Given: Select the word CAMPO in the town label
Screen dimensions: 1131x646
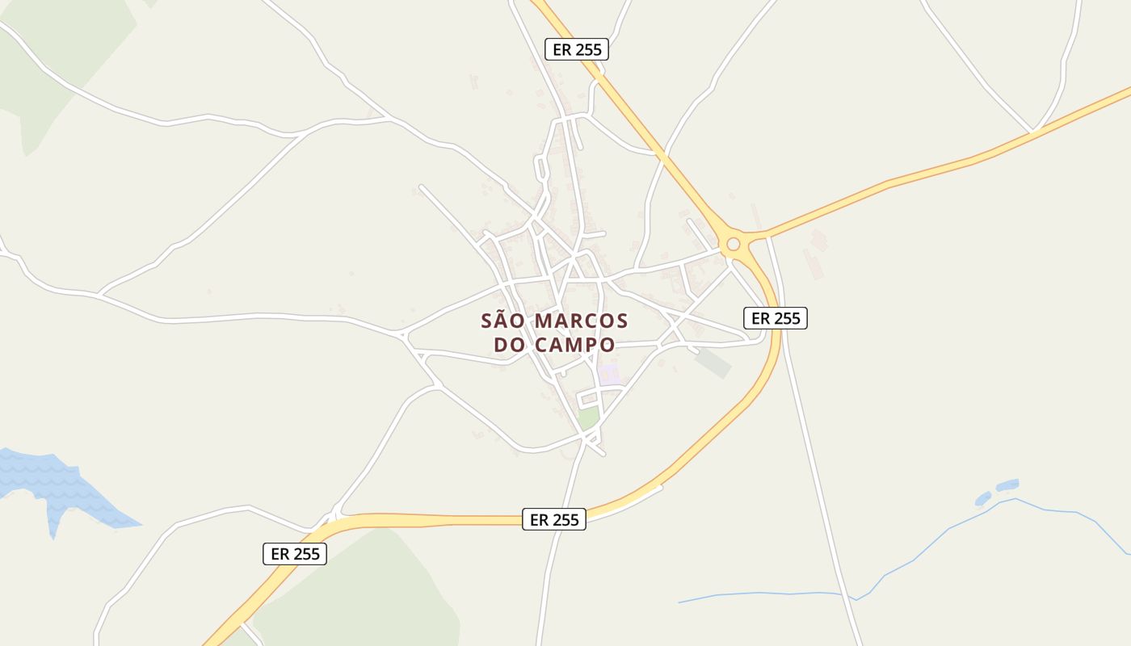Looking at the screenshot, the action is pos(574,345).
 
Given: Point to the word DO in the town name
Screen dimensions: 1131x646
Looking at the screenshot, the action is pos(510,345).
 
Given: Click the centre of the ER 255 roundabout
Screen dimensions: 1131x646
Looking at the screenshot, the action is pos(734,243).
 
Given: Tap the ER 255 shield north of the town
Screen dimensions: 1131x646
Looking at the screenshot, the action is pos(577,49).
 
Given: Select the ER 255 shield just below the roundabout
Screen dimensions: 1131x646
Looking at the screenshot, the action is pos(776,318).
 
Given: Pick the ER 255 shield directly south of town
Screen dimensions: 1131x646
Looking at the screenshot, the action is pos(554,520).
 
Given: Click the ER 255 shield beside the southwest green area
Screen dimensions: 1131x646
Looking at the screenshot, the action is pos(295,554).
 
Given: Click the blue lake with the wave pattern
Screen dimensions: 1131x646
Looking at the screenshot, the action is pos(57,484).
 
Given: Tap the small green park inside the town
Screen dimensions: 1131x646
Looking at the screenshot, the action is pos(588,417).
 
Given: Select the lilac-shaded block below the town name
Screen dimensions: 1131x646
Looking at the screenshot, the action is pos(609,374).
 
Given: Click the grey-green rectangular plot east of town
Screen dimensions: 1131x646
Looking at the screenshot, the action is pos(713,363).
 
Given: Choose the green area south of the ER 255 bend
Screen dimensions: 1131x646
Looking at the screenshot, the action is pos(364,589).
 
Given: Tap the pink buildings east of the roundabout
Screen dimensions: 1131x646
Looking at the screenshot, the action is pos(814,254).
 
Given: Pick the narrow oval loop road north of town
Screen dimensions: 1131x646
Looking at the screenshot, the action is pos(539,169).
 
